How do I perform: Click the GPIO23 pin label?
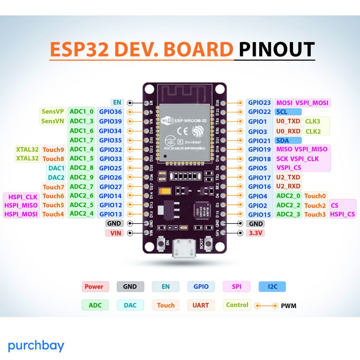coord(259,103)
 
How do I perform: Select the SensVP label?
coord(53,112)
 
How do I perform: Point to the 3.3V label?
coord(255,233)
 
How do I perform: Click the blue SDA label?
coord(283,140)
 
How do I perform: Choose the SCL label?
coord(283,112)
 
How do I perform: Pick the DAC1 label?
coord(56,168)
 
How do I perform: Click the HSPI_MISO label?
coord(21,205)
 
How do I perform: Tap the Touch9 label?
coord(53,149)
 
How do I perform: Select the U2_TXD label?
coord(288,177)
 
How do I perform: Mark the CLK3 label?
coord(312,121)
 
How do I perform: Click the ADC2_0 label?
coord(288,196)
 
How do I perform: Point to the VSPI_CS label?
coord(289,168)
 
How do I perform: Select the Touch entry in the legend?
coord(166,305)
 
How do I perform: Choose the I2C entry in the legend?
coord(272,287)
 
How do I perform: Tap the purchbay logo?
coord(36,346)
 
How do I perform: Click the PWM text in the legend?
coord(289,306)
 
